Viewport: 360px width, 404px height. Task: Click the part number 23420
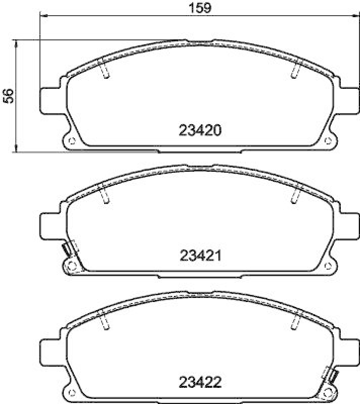pos(200,131)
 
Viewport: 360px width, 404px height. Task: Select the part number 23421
pos(200,256)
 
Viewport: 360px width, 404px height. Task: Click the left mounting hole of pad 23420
pos(71,140)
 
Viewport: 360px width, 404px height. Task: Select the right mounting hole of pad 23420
pos(329,140)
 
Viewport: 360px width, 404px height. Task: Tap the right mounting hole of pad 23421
pos(329,266)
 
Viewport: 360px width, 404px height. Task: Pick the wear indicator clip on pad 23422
pos(333,375)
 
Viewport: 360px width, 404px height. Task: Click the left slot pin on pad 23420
pos(105,71)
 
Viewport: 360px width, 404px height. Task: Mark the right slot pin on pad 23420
pos(295,71)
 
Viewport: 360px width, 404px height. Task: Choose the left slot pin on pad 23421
pos(105,196)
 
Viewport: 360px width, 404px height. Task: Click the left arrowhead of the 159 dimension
pos(42,16)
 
